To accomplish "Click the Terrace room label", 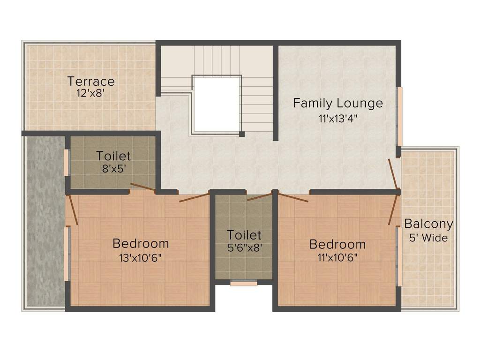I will (91, 81).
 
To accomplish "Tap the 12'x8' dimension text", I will (90, 93).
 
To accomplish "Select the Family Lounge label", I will (337, 103).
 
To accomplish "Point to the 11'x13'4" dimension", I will (337, 118).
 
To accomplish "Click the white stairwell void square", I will (217, 104).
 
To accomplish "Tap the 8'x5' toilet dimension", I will (113, 168).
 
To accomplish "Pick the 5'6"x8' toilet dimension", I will (244, 247).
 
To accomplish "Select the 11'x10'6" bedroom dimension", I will (337, 257).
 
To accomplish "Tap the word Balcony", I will (428, 224).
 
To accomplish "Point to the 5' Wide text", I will (428, 238).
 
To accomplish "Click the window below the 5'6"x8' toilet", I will (244, 283).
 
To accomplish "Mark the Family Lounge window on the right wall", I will (399, 117).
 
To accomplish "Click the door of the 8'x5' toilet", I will (142, 187).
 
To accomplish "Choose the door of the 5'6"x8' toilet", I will (259, 196).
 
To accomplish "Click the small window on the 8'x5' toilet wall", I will (67, 163).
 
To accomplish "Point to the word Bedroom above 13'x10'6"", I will (141, 244).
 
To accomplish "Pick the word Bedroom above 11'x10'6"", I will (337, 244).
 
